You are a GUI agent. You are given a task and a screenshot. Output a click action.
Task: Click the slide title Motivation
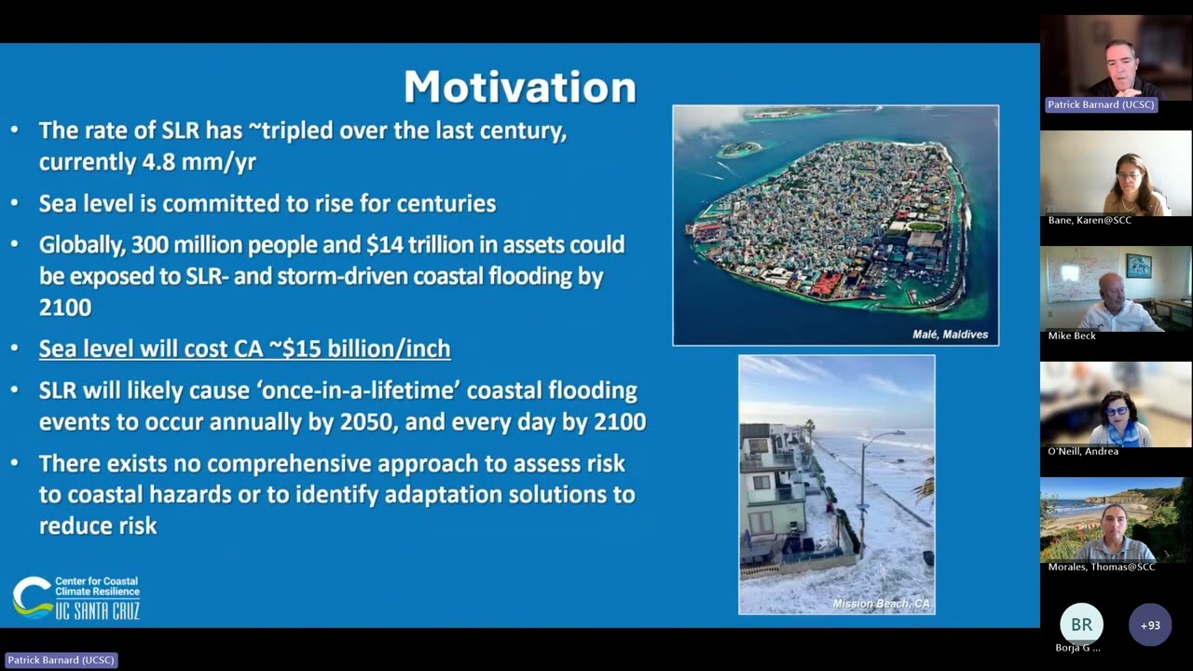[519, 87]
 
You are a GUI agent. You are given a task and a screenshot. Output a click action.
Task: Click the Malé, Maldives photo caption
[950, 334]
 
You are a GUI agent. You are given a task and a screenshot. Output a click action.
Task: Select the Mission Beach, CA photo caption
[881, 604]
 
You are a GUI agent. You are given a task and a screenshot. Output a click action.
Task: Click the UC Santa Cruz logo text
[97, 611]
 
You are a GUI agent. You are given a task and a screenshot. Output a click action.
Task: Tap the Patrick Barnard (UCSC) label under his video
[1101, 104]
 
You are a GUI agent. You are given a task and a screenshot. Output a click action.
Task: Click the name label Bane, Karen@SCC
[1090, 220]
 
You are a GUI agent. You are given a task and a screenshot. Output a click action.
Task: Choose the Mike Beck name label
[1072, 335]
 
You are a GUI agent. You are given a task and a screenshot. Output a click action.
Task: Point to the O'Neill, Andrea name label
[1083, 451]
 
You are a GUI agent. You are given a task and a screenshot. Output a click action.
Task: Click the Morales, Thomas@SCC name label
[1102, 567]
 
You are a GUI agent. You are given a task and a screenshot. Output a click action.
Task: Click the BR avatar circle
[1081, 624]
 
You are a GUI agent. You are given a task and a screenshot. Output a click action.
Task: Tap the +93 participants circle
[1150, 624]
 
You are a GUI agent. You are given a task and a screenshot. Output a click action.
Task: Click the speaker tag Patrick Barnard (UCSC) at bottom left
[61, 660]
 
